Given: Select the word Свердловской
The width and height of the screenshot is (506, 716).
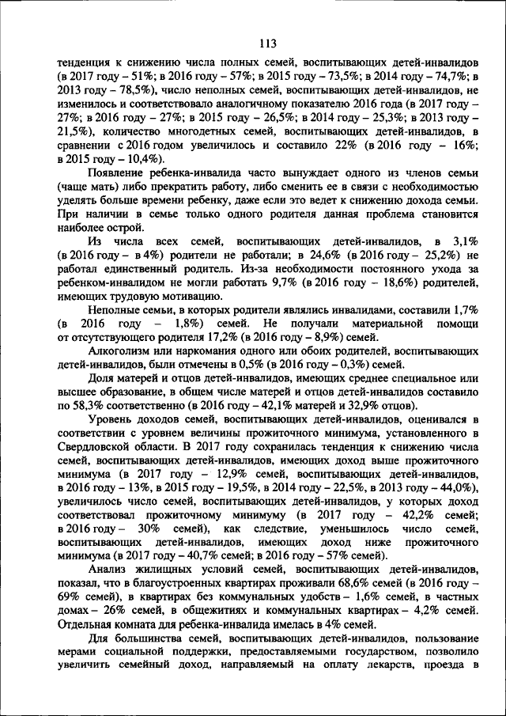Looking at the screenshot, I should (100, 445).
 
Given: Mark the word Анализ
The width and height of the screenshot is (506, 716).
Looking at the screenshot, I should (108, 567).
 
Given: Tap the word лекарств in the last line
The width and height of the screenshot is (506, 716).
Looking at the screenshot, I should (406, 661).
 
